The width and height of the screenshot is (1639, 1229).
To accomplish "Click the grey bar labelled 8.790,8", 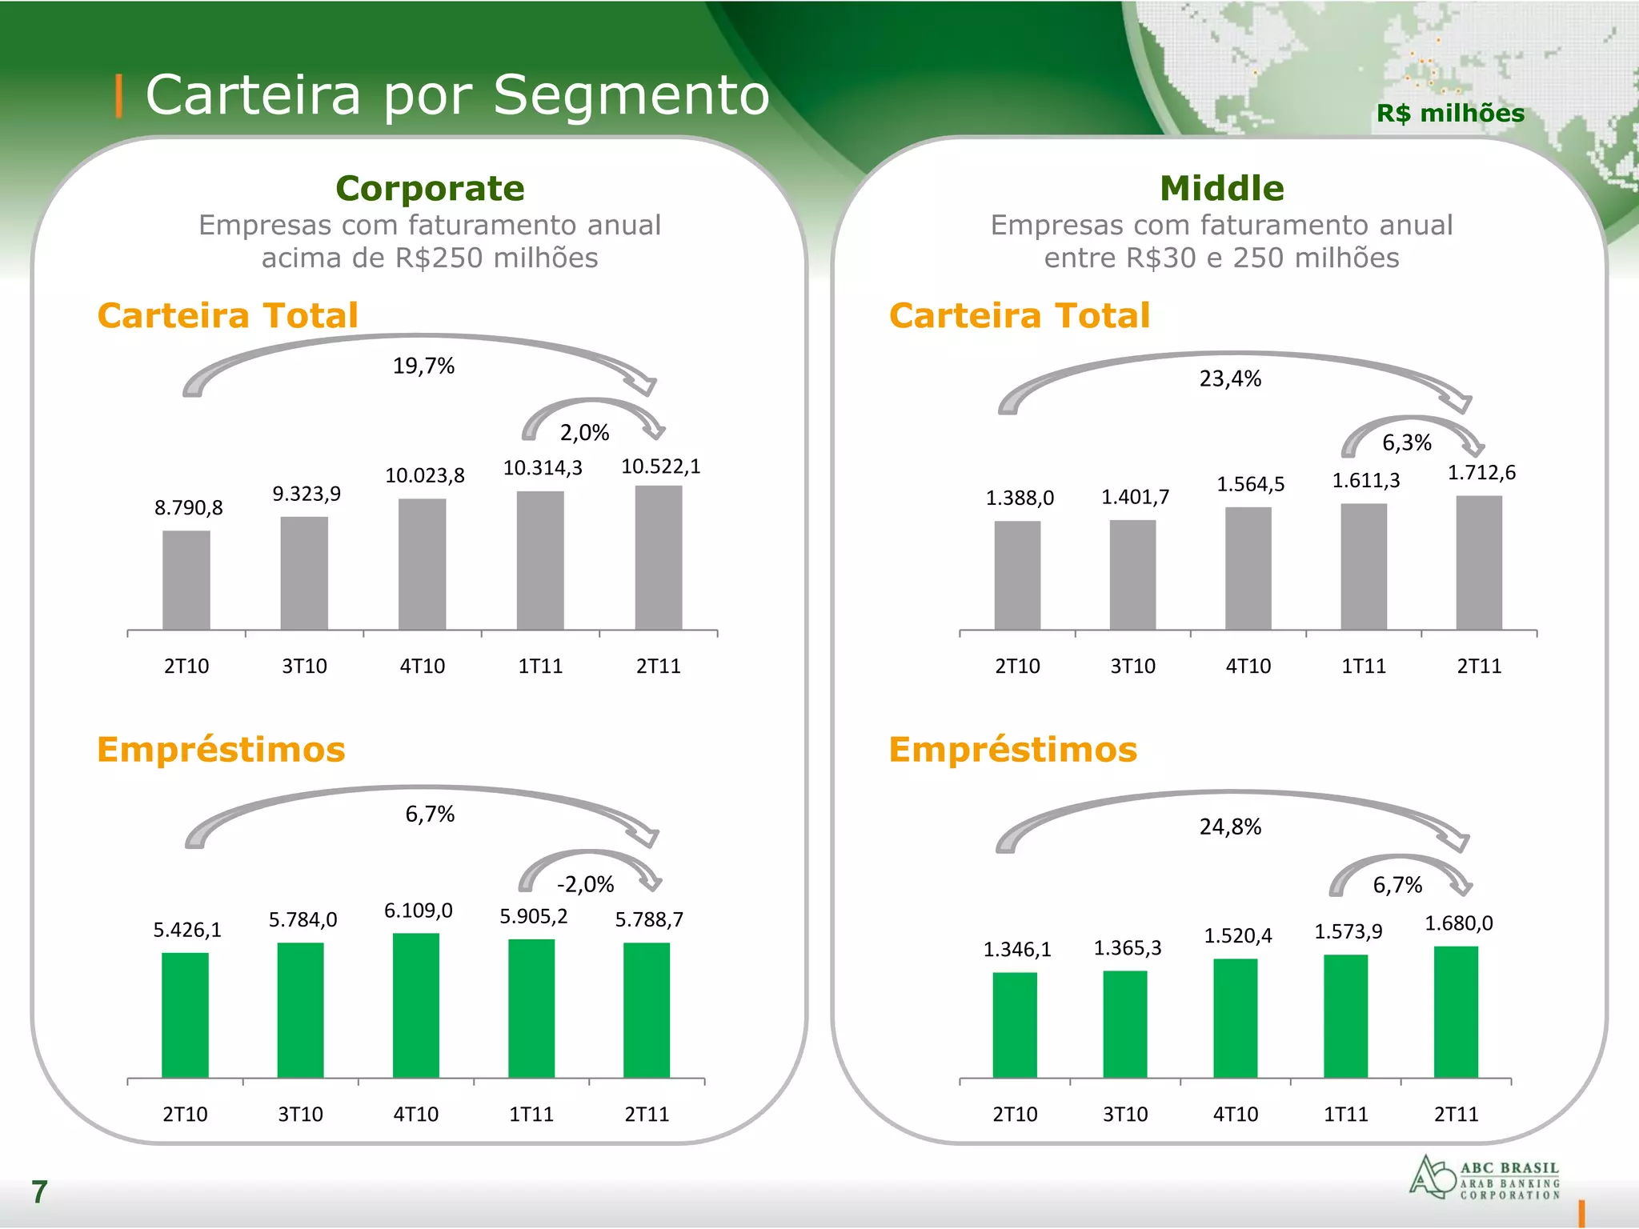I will click(x=186, y=580).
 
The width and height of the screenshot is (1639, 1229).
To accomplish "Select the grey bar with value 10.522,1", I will click(x=659, y=558).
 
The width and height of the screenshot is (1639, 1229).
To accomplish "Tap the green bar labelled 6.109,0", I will click(x=416, y=1006).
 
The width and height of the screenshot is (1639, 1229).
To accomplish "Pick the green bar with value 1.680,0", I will click(x=1456, y=1012).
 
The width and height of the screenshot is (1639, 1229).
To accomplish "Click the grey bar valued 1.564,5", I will click(x=1248, y=568).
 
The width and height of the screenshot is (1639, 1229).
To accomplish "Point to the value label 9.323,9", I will click(x=307, y=494).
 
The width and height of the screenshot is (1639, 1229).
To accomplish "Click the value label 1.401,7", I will click(x=1135, y=497).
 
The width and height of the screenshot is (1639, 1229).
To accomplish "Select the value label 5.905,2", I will click(x=534, y=916).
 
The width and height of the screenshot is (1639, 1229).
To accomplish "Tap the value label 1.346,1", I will click(x=1017, y=950).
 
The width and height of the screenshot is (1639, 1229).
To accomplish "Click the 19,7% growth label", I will click(x=423, y=366).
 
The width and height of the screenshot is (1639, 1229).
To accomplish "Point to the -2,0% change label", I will click(x=586, y=884).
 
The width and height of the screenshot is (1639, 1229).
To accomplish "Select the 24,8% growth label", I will click(x=1230, y=827).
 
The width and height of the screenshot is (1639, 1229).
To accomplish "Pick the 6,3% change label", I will click(x=1407, y=442).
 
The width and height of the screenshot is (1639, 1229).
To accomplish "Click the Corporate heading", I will click(x=430, y=189).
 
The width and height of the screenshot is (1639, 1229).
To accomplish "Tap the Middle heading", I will click(x=1222, y=189).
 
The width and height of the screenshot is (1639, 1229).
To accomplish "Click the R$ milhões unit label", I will click(x=1450, y=114).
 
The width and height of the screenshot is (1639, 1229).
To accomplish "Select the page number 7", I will click(x=39, y=1192).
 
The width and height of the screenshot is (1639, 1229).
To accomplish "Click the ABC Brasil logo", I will click(x=1485, y=1178).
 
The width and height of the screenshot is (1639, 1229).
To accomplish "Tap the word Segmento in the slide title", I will click(x=631, y=95).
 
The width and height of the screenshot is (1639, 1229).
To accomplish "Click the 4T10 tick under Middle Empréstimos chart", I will click(x=1236, y=1114).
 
